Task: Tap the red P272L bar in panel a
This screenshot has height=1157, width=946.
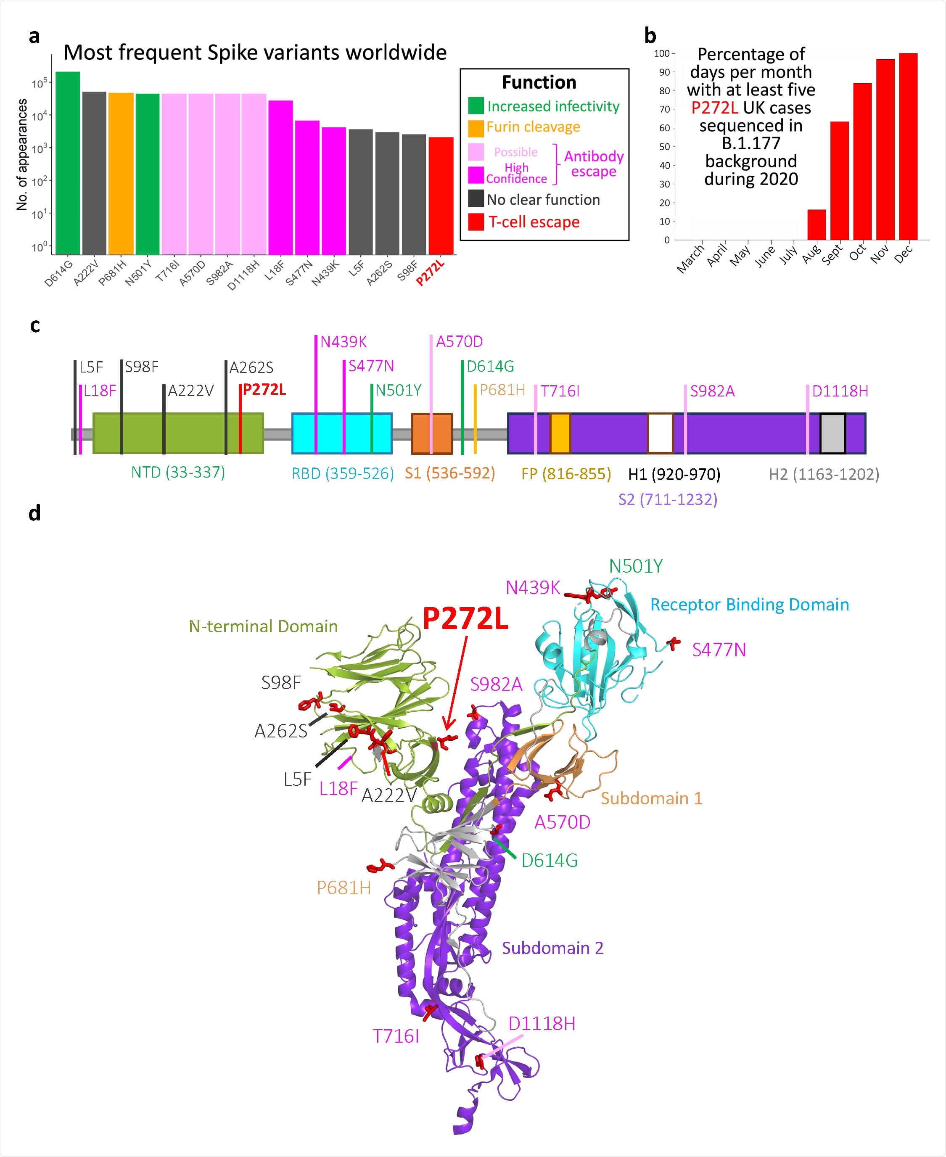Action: [441, 196]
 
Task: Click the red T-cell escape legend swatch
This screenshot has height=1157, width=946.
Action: [476, 222]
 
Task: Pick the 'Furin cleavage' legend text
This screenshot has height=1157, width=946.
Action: [533, 127]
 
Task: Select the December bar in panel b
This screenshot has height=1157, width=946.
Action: [908, 147]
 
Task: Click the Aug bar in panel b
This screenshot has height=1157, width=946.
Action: [817, 225]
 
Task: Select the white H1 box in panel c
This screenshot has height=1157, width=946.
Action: [660, 433]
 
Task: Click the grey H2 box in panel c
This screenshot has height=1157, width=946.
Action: [832, 433]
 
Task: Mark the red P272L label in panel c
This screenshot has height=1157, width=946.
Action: [264, 390]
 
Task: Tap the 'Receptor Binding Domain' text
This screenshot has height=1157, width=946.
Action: [749, 605]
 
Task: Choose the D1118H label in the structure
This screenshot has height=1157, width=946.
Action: [542, 1023]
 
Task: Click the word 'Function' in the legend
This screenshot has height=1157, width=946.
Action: [539, 82]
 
